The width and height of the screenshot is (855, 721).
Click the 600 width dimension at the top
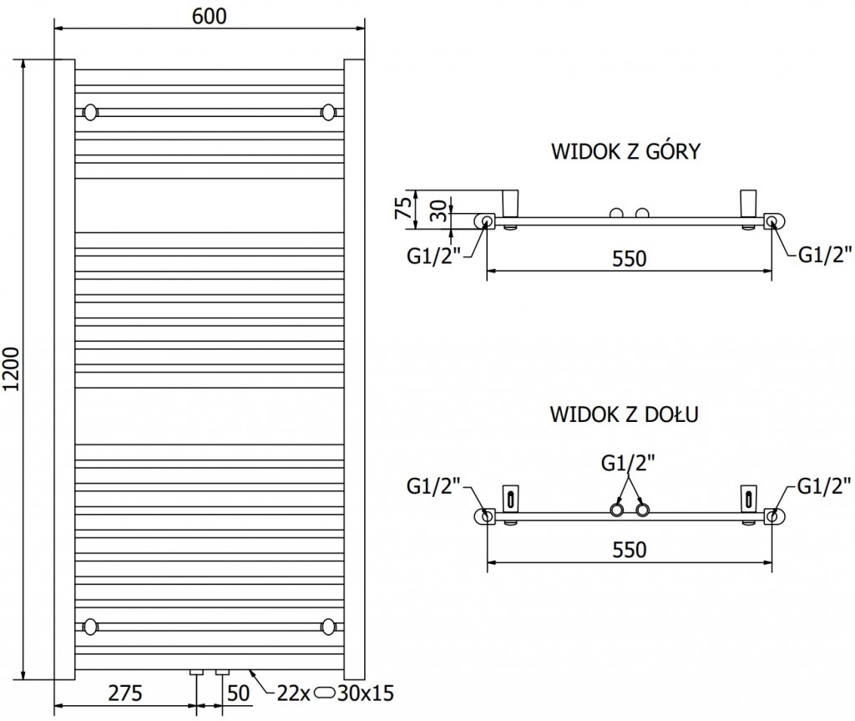(x=210, y=17)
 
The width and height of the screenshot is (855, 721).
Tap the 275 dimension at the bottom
(x=124, y=693)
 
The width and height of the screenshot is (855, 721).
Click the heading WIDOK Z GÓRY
(x=625, y=152)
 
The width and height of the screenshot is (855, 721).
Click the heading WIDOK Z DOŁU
(x=625, y=414)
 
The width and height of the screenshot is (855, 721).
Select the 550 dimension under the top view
(x=629, y=258)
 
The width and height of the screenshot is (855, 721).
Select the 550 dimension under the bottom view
(x=629, y=549)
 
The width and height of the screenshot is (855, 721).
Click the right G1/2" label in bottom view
(x=824, y=484)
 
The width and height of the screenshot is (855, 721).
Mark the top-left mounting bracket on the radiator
(x=90, y=111)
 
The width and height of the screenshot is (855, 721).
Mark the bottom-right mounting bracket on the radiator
(x=330, y=625)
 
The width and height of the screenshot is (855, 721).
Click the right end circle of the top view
(x=773, y=221)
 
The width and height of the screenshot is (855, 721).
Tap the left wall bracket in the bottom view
(x=510, y=499)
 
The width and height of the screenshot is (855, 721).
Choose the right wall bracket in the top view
(x=747, y=203)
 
